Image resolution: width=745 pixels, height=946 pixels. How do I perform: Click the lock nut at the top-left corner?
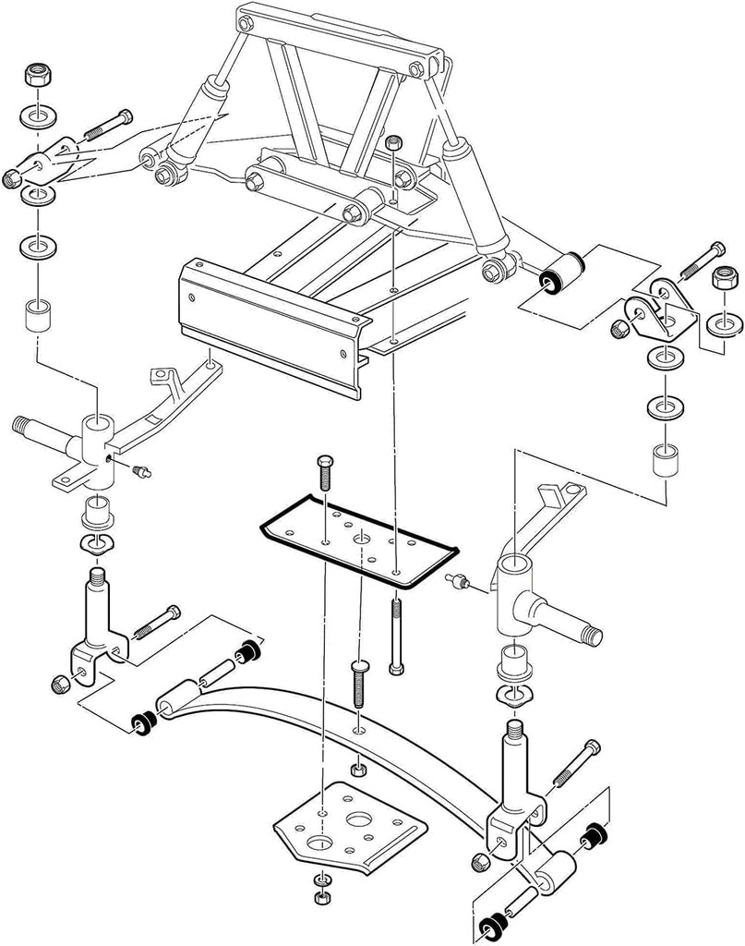[x=40, y=75]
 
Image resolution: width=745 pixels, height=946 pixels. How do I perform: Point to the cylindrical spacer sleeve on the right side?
[x=662, y=460]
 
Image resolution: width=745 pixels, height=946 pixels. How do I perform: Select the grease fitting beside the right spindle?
[x=459, y=582]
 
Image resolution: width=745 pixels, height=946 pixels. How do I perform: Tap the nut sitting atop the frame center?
[x=394, y=144]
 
